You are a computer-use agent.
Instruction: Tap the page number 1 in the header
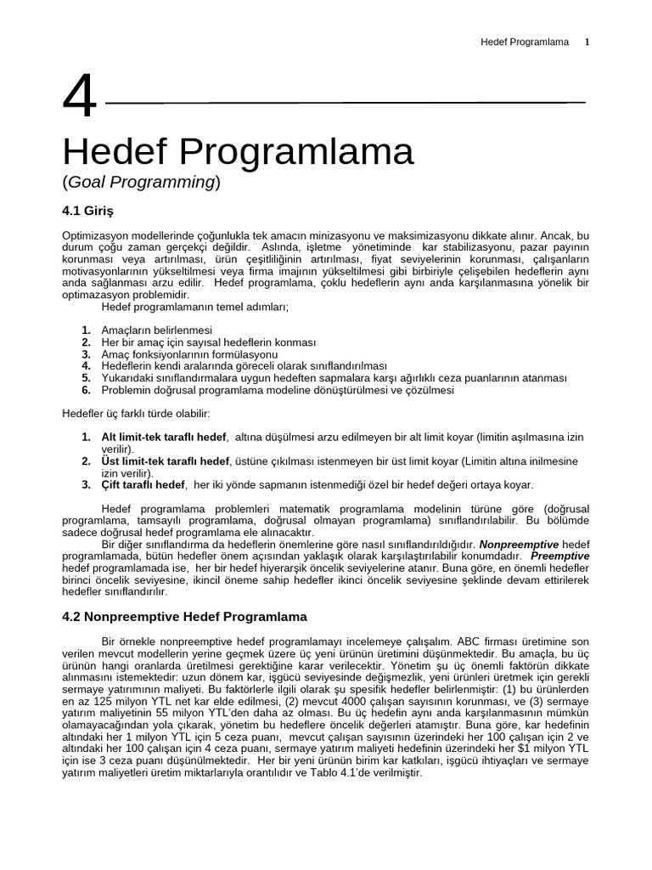coord(586,42)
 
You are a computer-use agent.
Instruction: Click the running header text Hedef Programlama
coord(525,42)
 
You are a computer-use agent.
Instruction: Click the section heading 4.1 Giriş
coord(87,209)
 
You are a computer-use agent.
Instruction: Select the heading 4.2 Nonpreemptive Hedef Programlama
coord(184,616)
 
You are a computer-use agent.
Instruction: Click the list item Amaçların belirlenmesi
coord(156,330)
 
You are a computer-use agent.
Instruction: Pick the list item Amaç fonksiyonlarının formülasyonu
coord(189,353)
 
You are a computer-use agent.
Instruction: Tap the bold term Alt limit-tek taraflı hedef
coord(164,437)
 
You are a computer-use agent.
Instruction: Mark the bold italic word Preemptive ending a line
coord(559,555)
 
